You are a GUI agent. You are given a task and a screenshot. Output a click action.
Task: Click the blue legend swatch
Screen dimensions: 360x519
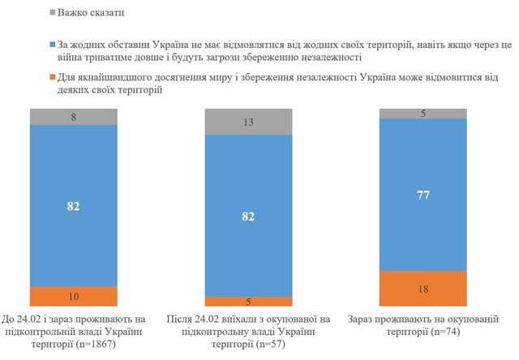pos(53,45)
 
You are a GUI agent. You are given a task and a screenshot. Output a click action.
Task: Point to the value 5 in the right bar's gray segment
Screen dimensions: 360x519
pos(424,114)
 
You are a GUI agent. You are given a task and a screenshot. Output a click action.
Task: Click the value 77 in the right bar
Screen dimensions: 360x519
pos(424,194)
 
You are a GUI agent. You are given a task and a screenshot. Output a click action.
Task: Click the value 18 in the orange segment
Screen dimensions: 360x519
pos(424,287)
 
